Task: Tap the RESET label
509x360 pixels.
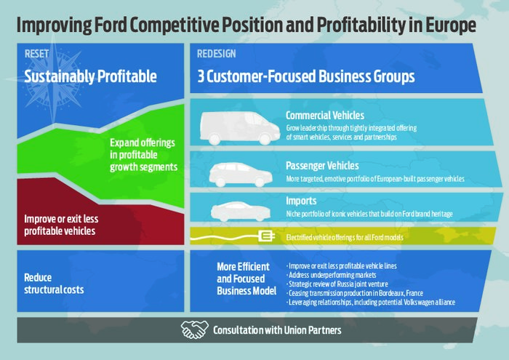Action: [36, 54]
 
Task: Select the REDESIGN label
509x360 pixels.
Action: [217, 54]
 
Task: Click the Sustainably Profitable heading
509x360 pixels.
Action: [90, 76]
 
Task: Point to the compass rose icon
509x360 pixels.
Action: [54, 80]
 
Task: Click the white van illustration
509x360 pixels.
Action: [240, 128]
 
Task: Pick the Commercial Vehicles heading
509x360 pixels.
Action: [325, 115]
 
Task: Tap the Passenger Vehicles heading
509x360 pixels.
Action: [322, 166]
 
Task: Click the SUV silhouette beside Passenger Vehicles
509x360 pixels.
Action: [241, 175]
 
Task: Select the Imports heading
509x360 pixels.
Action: [301, 201]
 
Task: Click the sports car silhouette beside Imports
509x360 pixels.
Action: [241, 212]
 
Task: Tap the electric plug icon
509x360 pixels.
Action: [267, 236]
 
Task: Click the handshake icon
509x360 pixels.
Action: [195, 329]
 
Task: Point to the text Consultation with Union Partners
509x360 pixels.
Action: [277, 330]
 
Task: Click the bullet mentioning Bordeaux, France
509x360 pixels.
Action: [355, 293]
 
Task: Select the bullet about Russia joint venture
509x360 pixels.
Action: [337, 284]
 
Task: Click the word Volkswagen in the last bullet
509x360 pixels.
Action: [422, 303]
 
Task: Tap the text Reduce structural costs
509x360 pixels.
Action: [54, 284]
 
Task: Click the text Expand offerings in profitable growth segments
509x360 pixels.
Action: [143, 155]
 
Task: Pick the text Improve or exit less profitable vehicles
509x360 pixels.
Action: [61, 225]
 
